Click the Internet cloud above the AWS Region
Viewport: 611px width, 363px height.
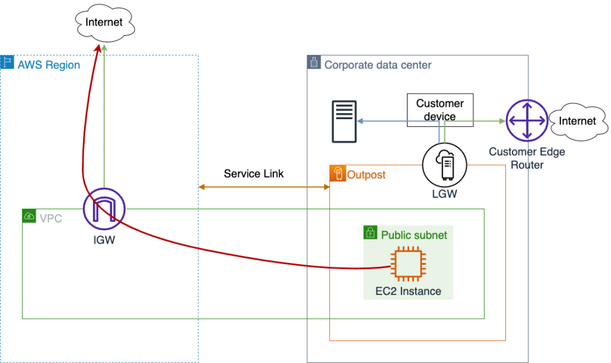104,23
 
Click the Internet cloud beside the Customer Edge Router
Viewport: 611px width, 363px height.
576,121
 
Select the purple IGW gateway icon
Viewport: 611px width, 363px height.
104,210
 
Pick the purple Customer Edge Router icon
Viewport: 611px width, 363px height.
526,120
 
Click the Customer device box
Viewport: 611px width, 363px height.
440,110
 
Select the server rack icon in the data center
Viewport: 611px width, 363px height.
345,122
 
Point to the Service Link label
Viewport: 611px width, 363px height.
254,174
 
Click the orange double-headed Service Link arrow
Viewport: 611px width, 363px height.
264,187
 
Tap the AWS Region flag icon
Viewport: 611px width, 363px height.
7,63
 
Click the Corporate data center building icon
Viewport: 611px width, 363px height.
314,63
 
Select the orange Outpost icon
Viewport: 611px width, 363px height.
337,173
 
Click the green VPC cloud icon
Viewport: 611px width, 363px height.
29,216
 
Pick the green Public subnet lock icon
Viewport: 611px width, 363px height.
371,233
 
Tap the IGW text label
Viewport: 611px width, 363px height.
104,241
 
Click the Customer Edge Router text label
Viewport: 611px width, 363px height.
526,158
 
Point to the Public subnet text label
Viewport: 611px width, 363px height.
414,235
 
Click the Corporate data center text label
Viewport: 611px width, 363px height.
378,65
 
